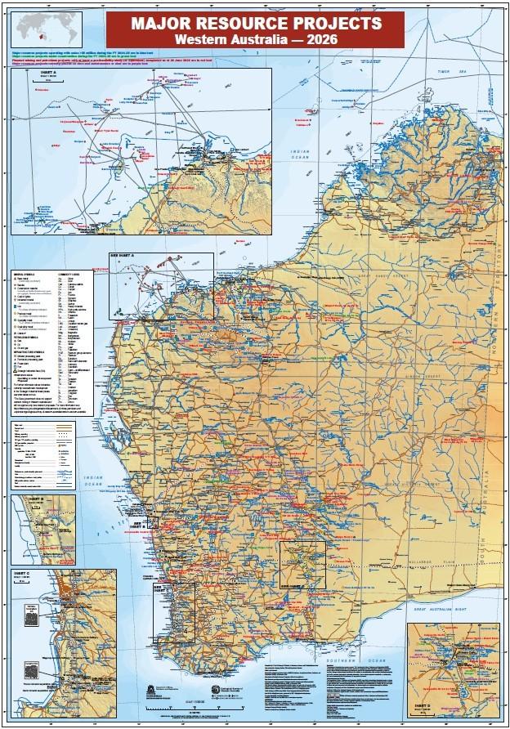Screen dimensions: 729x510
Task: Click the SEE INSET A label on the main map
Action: (125, 256)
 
